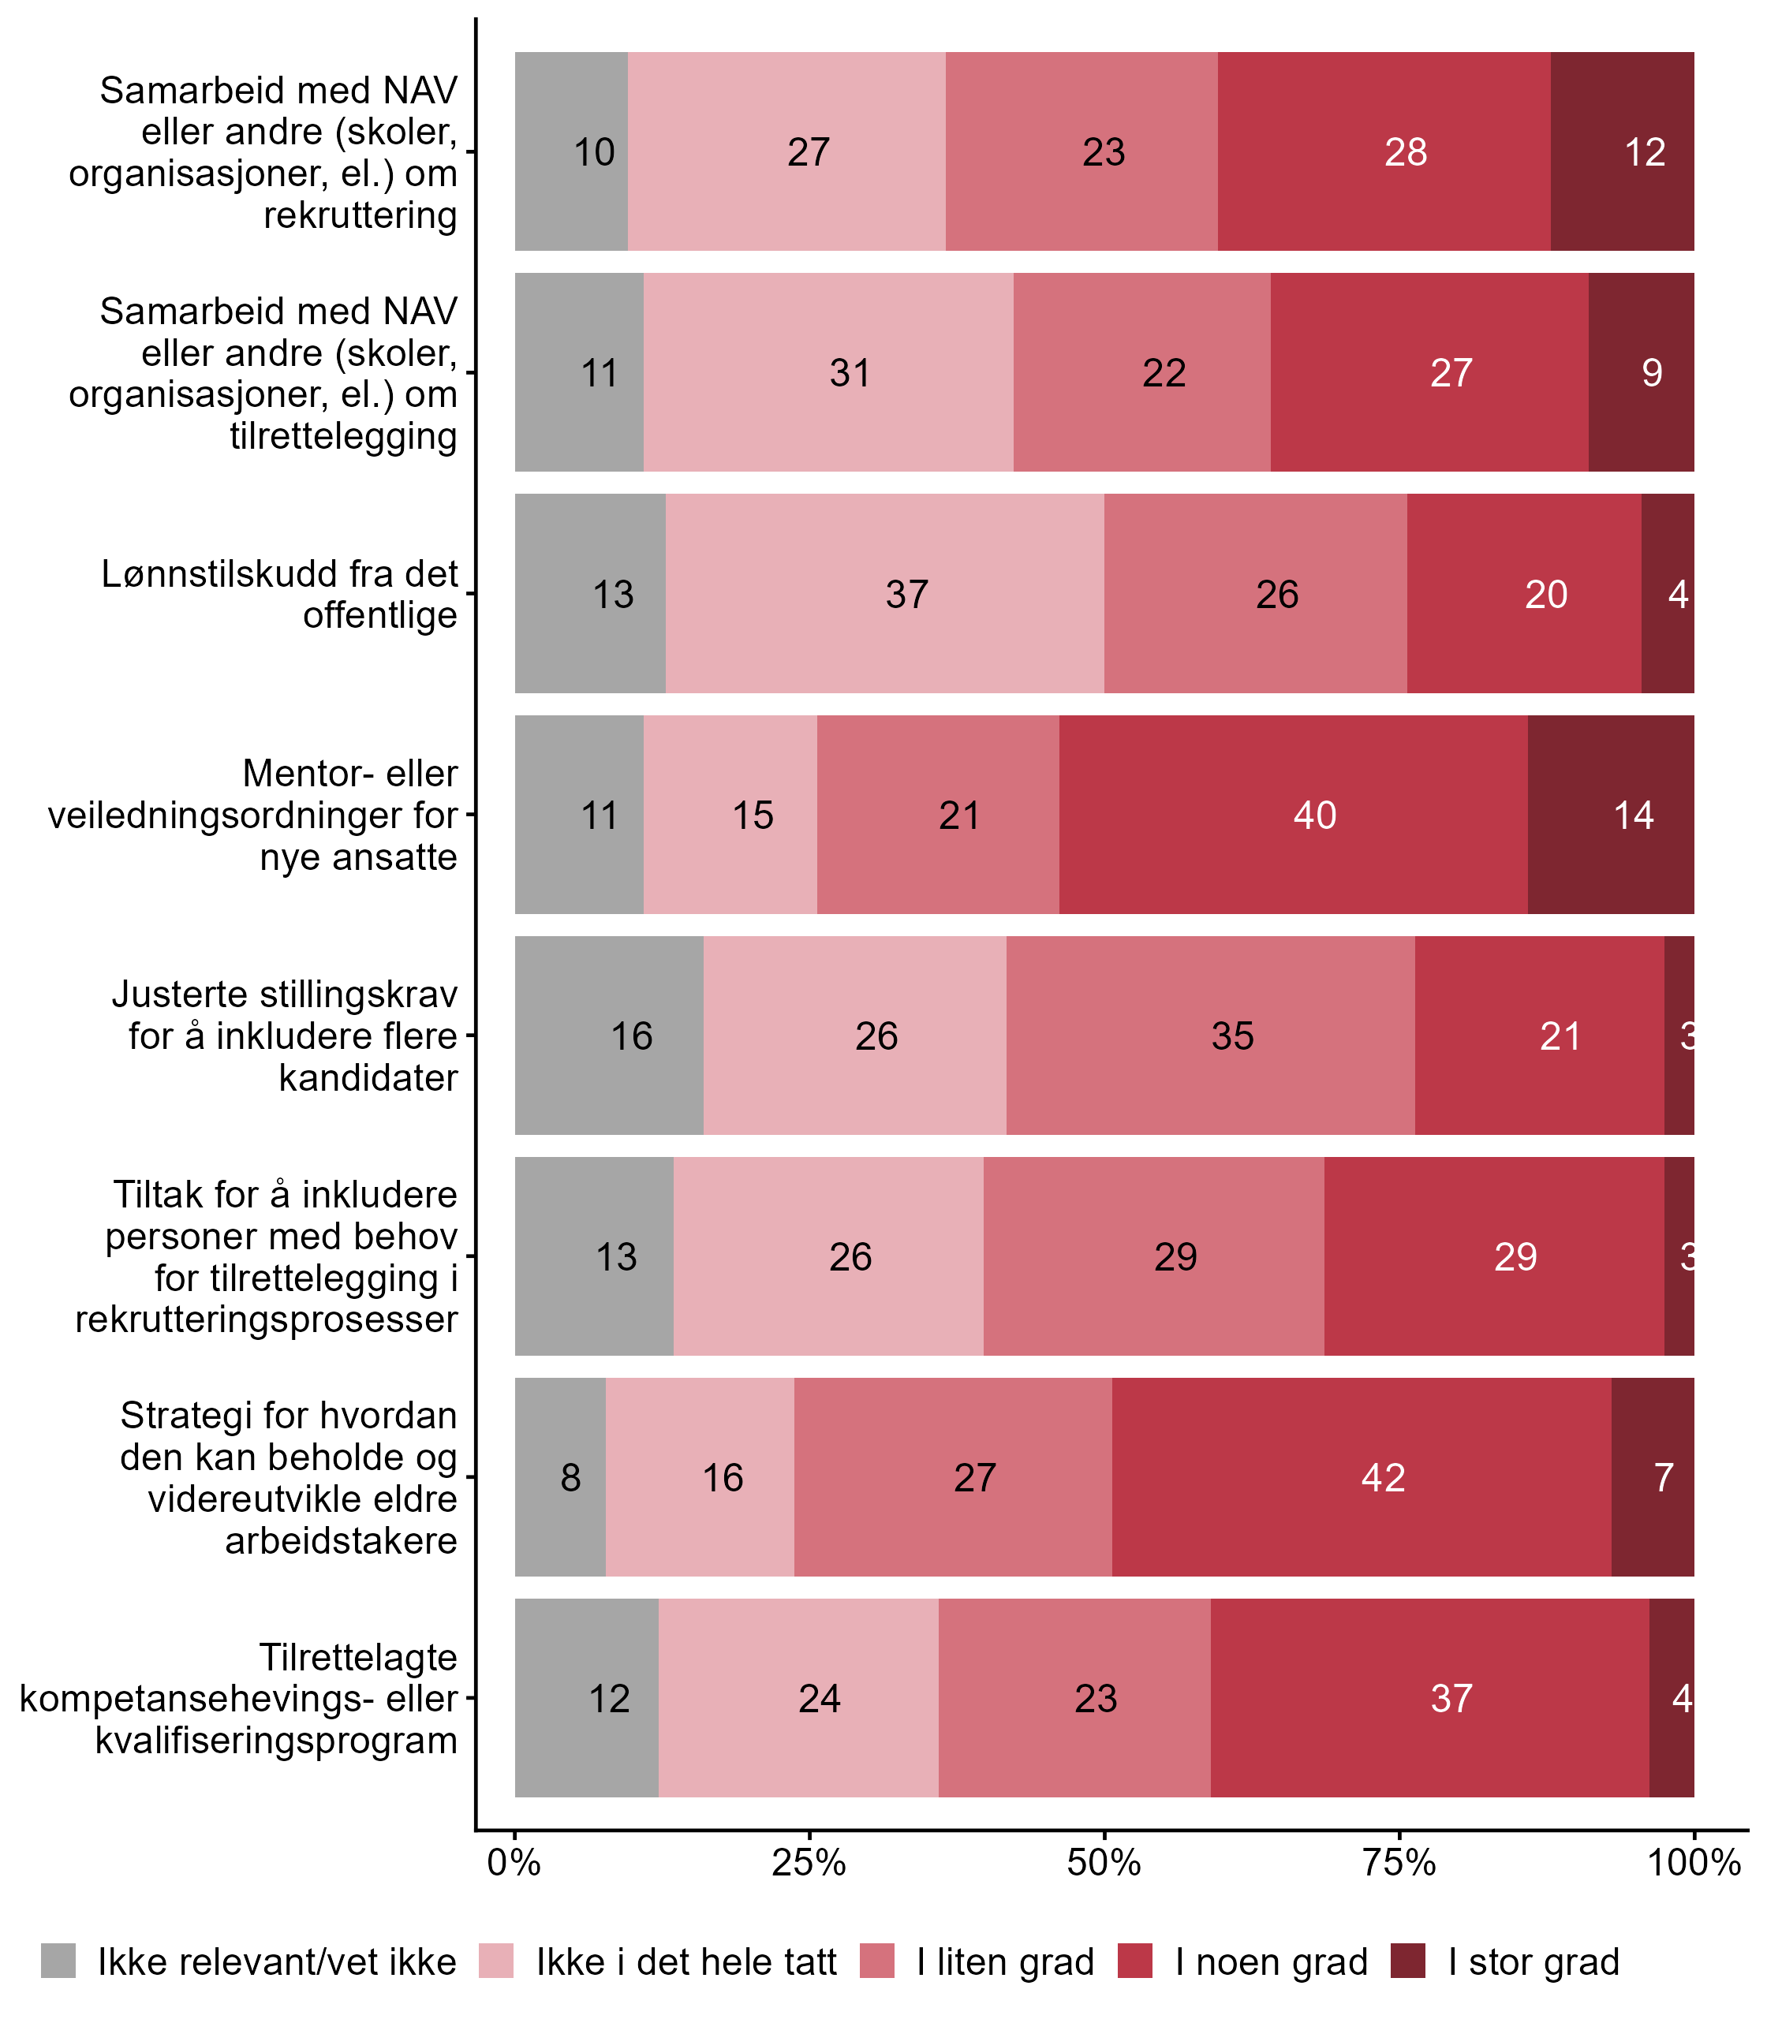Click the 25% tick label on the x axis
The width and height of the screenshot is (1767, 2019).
point(809,1863)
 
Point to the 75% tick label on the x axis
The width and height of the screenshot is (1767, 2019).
point(1398,1863)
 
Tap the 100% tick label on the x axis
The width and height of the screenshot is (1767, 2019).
point(1693,1863)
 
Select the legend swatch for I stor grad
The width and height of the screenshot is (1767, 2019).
point(1408,1962)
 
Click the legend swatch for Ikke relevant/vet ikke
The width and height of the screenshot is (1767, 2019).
point(58,1962)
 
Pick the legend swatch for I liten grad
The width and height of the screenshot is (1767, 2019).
point(877,1962)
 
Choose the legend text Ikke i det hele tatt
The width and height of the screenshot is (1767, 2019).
point(686,1962)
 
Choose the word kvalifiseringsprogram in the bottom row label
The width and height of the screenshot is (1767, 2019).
point(276,1740)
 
